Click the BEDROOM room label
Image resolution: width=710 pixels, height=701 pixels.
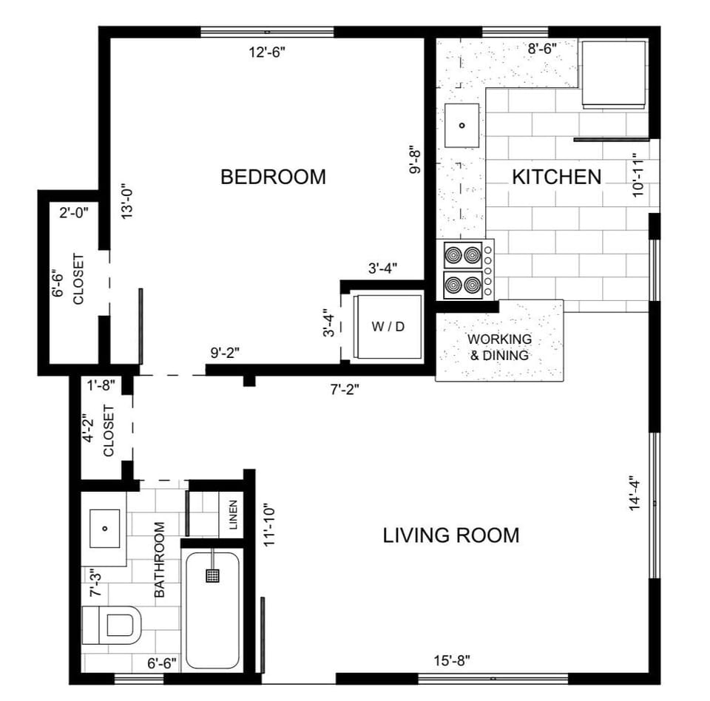pyautogui.click(x=273, y=177)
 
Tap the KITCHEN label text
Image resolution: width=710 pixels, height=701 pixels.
pyautogui.click(x=556, y=177)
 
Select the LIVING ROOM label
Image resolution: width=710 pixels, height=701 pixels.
pyautogui.click(x=450, y=535)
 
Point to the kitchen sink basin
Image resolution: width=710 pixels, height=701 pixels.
pyautogui.click(x=461, y=125)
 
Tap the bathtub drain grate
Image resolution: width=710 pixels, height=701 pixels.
pyautogui.click(x=213, y=575)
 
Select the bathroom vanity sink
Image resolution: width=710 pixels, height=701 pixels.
pyautogui.click(x=104, y=528)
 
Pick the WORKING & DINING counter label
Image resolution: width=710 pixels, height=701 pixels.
pyautogui.click(x=499, y=347)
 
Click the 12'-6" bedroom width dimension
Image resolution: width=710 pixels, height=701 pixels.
pyautogui.click(x=266, y=52)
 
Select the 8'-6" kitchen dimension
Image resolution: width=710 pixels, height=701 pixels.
pyautogui.click(x=541, y=49)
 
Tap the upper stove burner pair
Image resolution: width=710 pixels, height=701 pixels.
pyautogui.click(x=463, y=256)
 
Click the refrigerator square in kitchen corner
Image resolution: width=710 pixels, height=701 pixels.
pyautogui.click(x=613, y=73)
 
